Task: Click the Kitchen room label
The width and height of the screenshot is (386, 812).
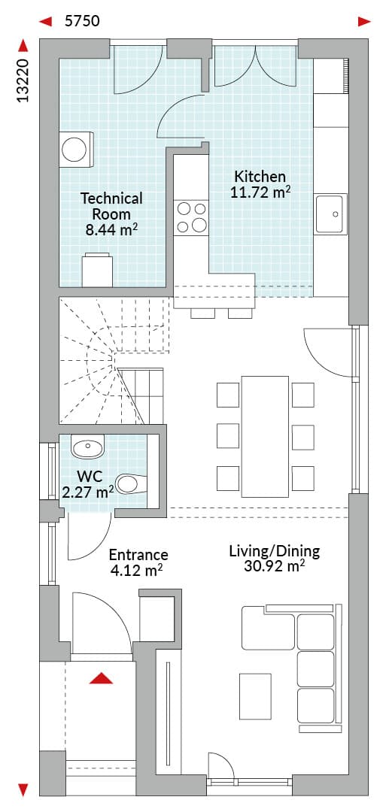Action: (x=260, y=175)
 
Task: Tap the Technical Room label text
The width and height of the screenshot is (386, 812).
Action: (x=111, y=205)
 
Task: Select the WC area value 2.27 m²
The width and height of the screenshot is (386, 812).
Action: (x=87, y=492)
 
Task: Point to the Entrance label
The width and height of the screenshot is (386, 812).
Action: (x=138, y=555)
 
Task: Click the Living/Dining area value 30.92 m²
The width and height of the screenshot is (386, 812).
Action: (x=274, y=566)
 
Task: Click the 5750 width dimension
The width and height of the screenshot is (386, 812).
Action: (x=82, y=21)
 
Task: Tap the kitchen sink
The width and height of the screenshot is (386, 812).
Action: (x=330, y=214)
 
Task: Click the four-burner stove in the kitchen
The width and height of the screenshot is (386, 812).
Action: (x=190, y=217)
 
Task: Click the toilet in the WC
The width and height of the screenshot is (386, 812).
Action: (x=131, y=483)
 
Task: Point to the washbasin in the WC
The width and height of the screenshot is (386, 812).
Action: (x=87, y=447)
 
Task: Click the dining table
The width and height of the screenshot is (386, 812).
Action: (x=265, y=437)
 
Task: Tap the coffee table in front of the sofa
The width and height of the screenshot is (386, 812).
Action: (x=255, y=696)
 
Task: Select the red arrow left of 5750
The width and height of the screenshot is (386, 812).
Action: (x=46, y=21)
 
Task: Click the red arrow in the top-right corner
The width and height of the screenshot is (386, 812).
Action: (x=365, y=21)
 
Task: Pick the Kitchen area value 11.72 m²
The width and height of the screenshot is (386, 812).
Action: (x=260, y=192)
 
